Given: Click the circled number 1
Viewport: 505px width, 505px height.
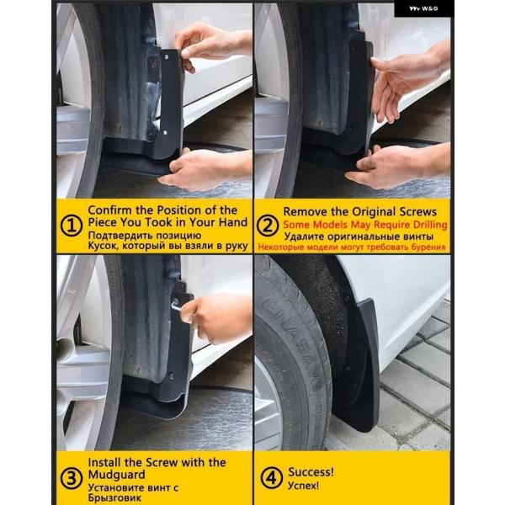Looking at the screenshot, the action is (x=72, y=226).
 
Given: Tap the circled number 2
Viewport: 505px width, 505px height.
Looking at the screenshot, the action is (x=268, y=226).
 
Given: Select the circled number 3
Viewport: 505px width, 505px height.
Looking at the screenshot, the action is (x=72, y=478).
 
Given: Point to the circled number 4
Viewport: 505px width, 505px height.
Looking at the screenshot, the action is (x=271, y=478).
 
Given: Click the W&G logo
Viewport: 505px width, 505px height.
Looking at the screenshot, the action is (x=423, y=8).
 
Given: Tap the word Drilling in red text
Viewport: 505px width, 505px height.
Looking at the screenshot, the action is (x=430, y=225).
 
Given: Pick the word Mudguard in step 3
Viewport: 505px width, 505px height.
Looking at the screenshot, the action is (x=117, y=475).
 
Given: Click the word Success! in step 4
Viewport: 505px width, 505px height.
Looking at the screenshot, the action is (x=311, y=472).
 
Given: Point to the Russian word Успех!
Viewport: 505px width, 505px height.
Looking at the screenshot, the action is (x=303, y=486).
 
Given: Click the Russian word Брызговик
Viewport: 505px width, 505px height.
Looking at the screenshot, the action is (x=114, y=497).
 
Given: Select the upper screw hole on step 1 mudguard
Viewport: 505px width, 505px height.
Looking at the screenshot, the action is (x=167, y=57).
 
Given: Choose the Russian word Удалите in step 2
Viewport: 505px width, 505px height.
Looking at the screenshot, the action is (x=302, y=237).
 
